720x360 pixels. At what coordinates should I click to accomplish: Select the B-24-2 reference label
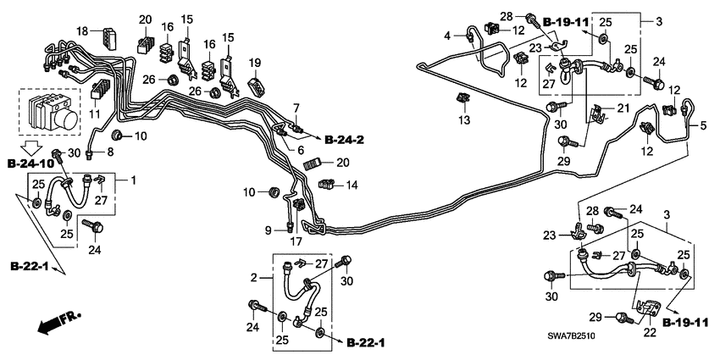tap(343, 136)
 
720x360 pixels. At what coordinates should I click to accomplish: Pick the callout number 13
tap(462, 121)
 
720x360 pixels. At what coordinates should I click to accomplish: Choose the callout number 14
tap(352, 184)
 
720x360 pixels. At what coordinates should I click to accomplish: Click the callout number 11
tap(95, 114)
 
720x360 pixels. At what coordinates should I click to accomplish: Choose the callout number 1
tap(131, 180)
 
